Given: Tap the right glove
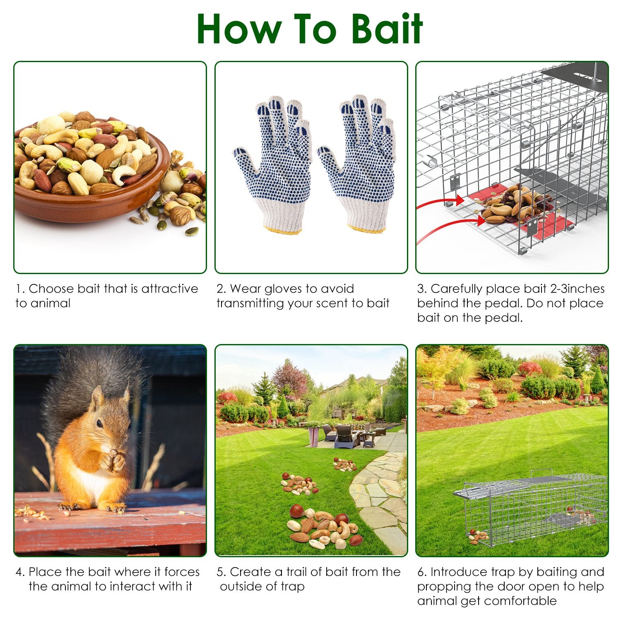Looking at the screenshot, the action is coord(358,164).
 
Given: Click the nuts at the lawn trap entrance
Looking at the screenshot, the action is coord(478,537).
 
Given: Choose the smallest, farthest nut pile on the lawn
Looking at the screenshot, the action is coord(345,464).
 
